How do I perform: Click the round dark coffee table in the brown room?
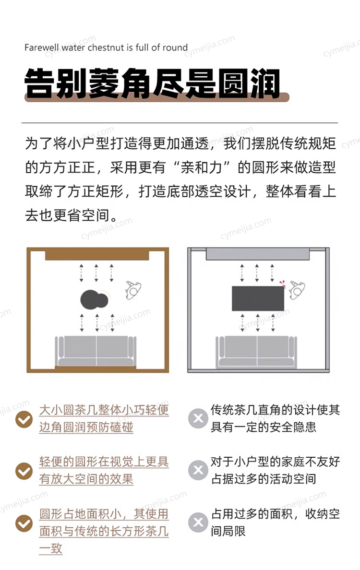coord(94,300)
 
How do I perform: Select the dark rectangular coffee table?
coord(258,298)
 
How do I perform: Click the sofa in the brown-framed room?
coord(96,351)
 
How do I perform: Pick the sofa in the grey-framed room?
coord(256,351)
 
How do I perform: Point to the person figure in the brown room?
coord(133,290)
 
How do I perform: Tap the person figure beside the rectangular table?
coord(297,290)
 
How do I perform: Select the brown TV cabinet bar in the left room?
coord(97,254)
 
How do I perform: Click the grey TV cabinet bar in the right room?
coord(258,254)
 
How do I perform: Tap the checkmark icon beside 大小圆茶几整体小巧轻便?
coord(24,419)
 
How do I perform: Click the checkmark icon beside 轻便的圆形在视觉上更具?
coord(24,471)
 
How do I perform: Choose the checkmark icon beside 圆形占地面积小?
coord(24,523)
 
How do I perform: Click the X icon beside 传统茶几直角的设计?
coord(198,418)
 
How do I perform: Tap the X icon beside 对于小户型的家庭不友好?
coord(198,470)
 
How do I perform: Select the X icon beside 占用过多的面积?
coord(198,522)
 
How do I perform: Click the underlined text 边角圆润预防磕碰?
coord(86,427)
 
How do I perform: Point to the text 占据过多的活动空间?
coord(264,479)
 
